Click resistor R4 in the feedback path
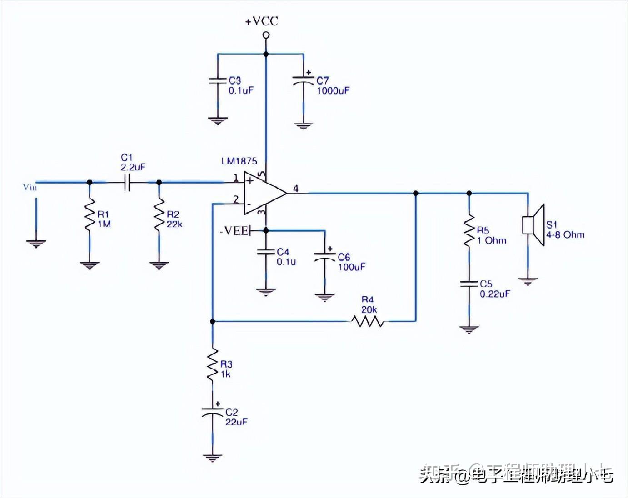[x=367, y=321]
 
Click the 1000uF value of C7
[x=333, y=90]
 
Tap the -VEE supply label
[x=234, y=231]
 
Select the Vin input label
[x=30, y=187]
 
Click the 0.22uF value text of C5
[x=494, y=294]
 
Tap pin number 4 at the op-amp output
[x=296, y=189]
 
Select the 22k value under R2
[x=174, y=224]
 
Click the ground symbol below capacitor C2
[x=212, y=458]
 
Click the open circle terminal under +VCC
[x=266, y=35]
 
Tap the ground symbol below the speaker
[x=528, y=281]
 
